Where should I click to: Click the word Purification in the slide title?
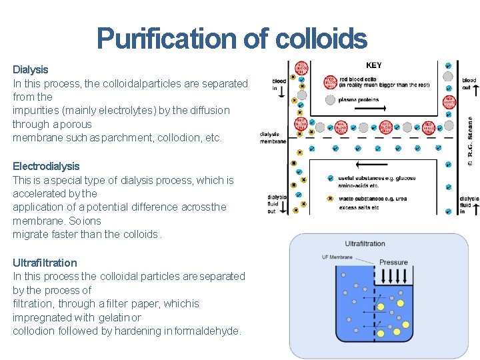(166, 39)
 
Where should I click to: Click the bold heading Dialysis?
(31, 69)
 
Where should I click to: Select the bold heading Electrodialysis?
(46, 166)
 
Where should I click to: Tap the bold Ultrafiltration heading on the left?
(45, 263)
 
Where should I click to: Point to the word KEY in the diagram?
(374, 66)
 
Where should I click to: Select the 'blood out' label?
(469, 84)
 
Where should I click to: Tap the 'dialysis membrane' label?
(273, 137)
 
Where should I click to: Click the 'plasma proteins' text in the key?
(359, 100)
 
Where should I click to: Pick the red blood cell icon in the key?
(330, 82)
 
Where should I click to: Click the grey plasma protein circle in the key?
(330, 100)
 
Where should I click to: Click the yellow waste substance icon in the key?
(330, 198)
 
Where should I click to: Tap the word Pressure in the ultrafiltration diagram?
(393, 263)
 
